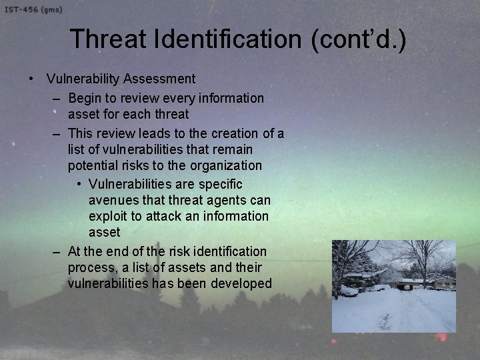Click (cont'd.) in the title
tap(357, 39)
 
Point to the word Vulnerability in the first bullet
tap(83, 79)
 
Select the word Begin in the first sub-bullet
tap(85, 99)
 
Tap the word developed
tap(241, 284)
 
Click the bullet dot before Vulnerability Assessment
tap(31, 79)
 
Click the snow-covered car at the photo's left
tap(348, 290)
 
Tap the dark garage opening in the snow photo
tap(405, 285)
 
